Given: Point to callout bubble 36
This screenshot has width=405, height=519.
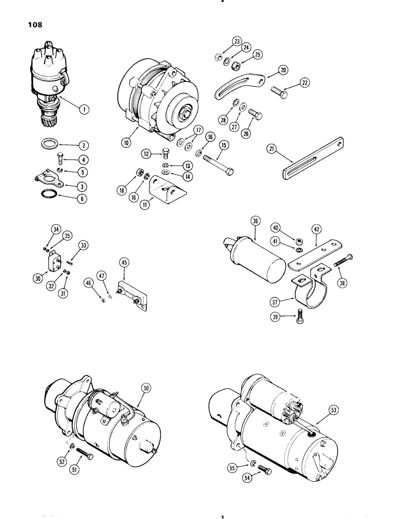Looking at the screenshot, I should [255, 221].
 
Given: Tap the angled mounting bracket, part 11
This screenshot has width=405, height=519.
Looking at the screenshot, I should [165, 188].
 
